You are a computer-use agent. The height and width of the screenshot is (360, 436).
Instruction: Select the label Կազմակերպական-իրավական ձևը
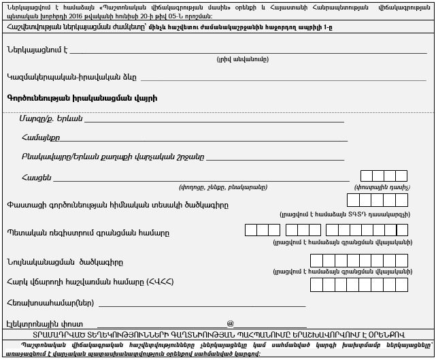coord(71,77)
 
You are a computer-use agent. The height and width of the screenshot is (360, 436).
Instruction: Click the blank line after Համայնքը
coord(204,140)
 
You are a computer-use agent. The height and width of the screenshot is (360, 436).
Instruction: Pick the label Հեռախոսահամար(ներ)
coord(50,303)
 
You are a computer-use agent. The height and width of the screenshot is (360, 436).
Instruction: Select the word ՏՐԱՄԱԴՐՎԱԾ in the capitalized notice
coord(57,335)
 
